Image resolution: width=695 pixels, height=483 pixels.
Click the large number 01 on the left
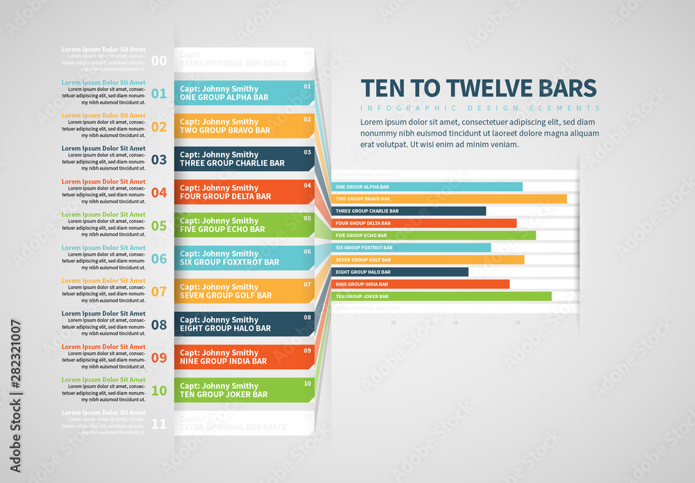(159, 94)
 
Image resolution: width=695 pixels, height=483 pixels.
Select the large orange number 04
(159, 193)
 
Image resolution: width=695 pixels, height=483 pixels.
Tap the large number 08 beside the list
(159, 325)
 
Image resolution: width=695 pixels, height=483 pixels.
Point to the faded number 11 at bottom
(159, 423)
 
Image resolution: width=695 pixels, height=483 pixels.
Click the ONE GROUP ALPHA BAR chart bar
(427, 187)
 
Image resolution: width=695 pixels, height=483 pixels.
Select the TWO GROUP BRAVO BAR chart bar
(449, 199)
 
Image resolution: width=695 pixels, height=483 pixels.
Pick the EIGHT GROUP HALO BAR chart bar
(400, 272)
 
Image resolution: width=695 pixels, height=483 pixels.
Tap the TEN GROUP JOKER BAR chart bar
(441, 296)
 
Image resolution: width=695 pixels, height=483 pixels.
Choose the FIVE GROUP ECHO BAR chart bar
(434, 236)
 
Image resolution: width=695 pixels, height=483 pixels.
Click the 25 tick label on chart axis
(393, 322)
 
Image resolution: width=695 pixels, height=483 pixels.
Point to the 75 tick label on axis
(517, 322)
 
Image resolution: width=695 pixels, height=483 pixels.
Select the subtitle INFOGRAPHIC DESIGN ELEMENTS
(480, 108)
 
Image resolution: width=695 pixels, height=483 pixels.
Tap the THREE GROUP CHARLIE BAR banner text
(232, 163)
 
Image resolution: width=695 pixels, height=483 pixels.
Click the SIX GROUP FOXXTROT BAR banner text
(229, 262)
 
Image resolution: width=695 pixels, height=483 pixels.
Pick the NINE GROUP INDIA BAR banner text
(223, 361)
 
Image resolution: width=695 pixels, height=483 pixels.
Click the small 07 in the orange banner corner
(307, 284)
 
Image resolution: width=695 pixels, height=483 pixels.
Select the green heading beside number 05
(104, 215)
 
